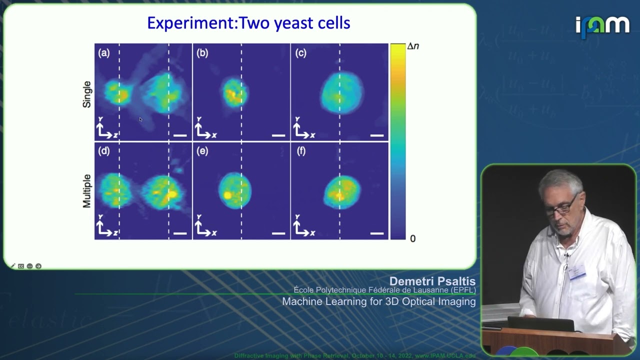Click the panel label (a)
tap(104, 53)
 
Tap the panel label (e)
tap(202, 151)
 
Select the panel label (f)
tap(300, 151)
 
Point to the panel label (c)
tap(300, 53)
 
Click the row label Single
tap(87, 94)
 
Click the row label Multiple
tap(87, 191)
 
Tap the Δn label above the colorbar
tap(412, 46)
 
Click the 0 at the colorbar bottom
tap(412, 238)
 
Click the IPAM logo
tap(602, 26)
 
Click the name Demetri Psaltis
tap(432, 281)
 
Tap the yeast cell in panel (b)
tap(234, 92)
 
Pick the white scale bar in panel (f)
tap(377, 233)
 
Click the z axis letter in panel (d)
tap(115, 233)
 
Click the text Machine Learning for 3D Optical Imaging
tap(378, 301)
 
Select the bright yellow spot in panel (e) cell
tap(227, 195)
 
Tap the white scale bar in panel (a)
tap(180, 135)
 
